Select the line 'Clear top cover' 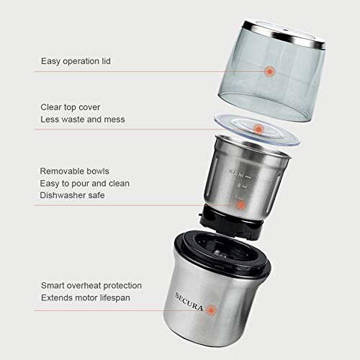pyautogui.click(x=71, y=107)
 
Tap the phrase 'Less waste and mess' pyautogui.click(x=83, y=119)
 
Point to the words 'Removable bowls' pyautogui.click(x=74, y=171)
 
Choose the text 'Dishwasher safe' pyautogui.click(x=73, y=195)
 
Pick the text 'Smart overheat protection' pyautogui.click(x=91, y=285)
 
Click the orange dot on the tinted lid pyautogui.click(x=270, y=71)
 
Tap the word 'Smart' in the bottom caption pyautogui.click(x=53, y=285)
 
